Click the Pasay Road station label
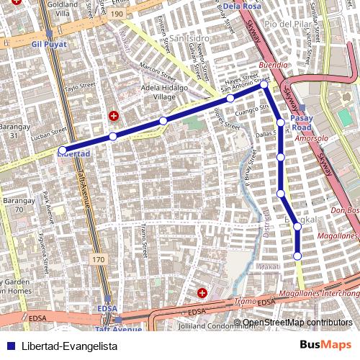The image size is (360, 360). [x=302, y=122]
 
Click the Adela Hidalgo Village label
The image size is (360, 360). [x=165, y=91]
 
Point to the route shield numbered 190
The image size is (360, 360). [x=118, y=14]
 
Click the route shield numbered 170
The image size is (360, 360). [x=98, y=258]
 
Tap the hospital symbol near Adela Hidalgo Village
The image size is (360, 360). [x=113, y=115]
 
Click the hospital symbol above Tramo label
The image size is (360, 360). [x=202, y=293]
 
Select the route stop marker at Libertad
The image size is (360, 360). [x=63, y=150]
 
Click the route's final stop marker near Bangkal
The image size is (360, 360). [x=297, y=256]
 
